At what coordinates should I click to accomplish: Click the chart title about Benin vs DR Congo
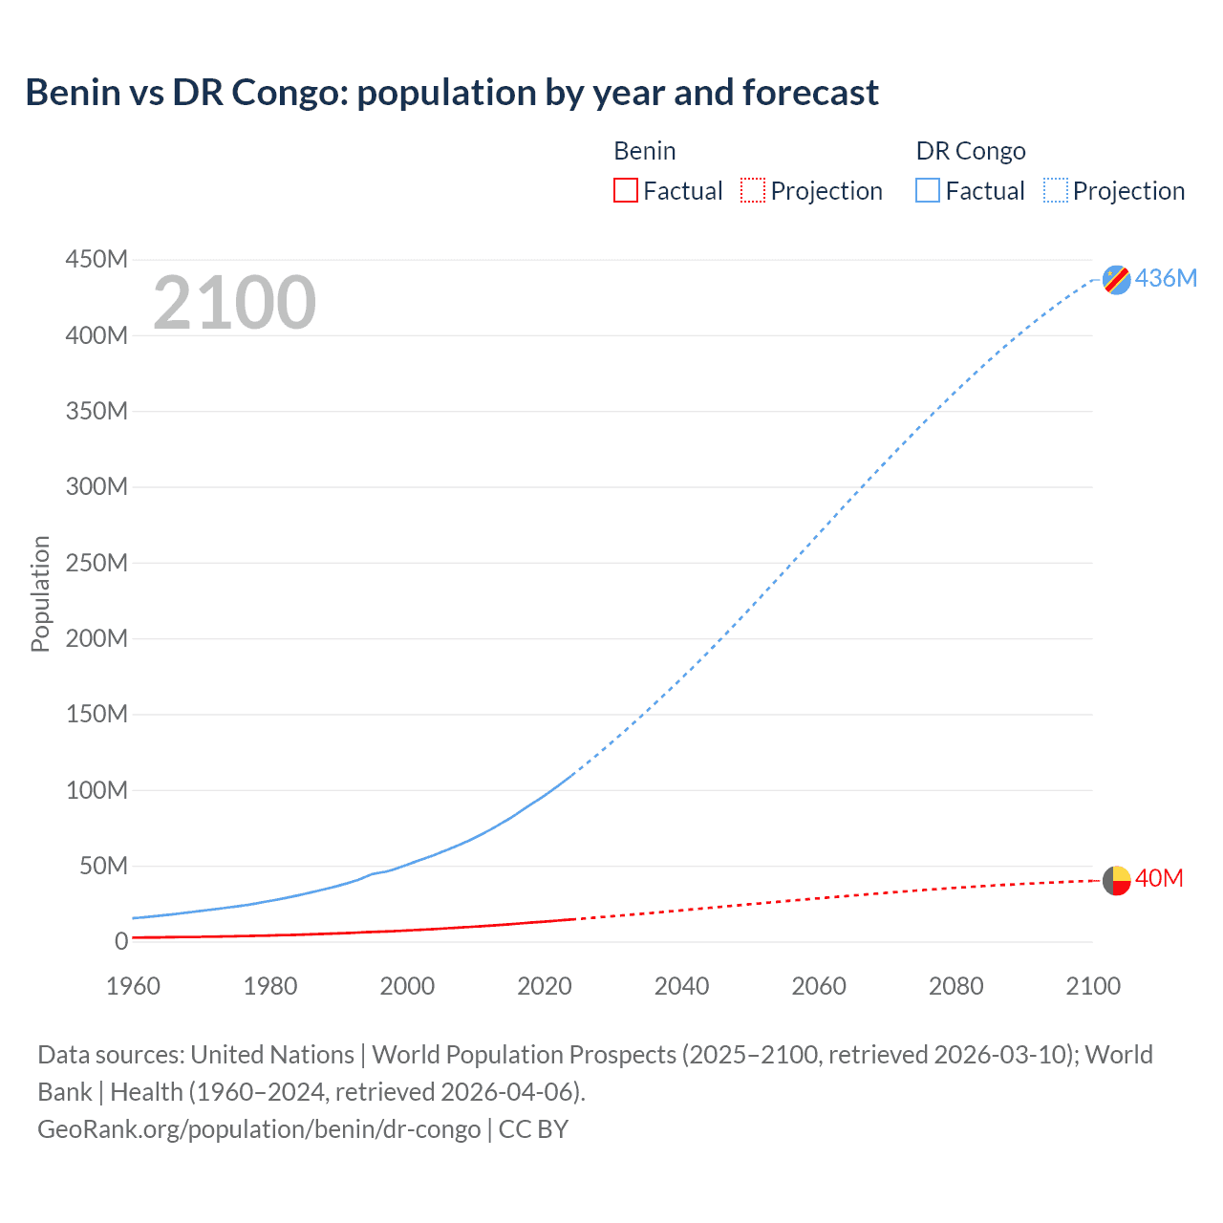(451, 93)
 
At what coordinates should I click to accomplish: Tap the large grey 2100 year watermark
(234, 303)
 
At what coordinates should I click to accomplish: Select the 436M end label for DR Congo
(1166, 278)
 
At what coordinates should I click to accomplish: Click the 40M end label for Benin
(1159, 878)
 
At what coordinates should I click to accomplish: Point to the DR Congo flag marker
(1116, 279)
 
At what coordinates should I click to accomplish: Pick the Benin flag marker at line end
(1116, 880)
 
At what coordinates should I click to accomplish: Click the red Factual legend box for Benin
(625, 191)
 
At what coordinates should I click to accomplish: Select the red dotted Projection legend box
(753, 191)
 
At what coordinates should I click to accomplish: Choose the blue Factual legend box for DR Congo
(927, 191)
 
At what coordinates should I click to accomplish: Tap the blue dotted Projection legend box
(1055, 191)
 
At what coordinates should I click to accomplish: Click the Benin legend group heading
(644, 151)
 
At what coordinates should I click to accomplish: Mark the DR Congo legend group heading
(970, 151)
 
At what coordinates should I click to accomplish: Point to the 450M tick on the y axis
(97, 259)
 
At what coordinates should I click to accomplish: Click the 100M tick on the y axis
(97, 790)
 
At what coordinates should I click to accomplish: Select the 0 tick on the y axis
(120, 941)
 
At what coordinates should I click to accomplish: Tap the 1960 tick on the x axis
(133, 986)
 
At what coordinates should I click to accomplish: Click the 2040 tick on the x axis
(681, 986)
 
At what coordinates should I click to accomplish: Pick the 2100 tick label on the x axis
(1092, 986)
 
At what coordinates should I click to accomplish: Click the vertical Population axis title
(40, 593)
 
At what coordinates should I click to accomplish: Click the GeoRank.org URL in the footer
(259, 1129)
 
